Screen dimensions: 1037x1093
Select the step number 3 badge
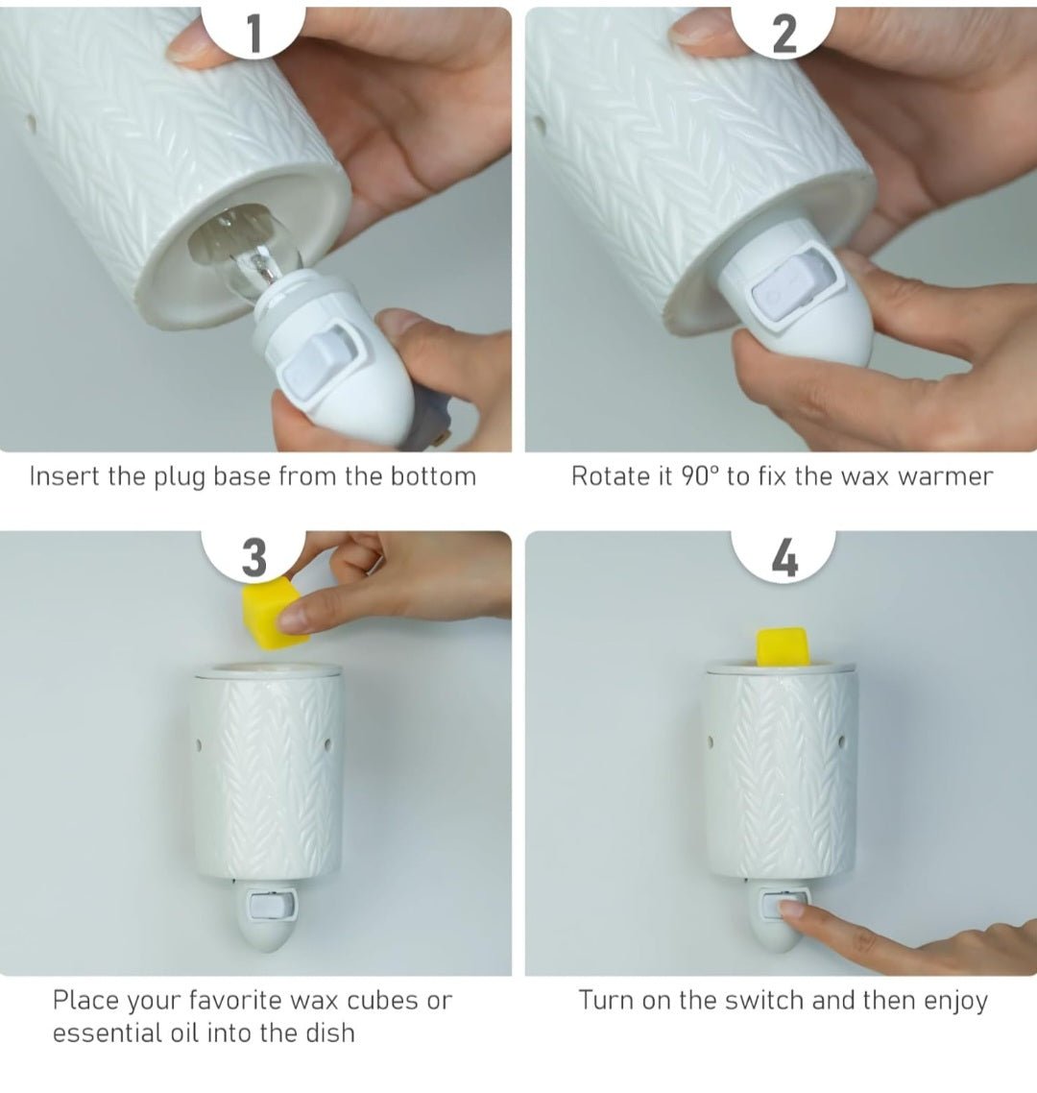pos(253,555)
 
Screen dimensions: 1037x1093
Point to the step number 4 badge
pos(784,555)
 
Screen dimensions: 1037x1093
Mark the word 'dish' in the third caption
pos(330,1032)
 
